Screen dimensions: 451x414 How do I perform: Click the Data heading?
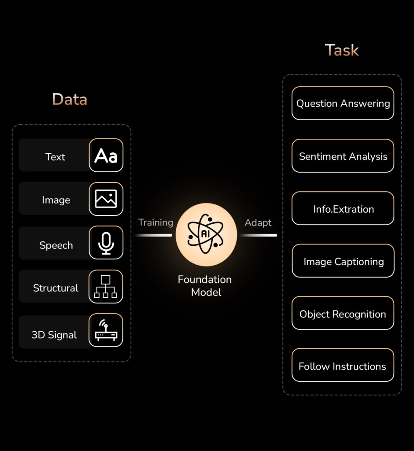tap(70, 100)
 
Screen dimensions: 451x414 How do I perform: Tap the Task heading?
tap(342, 50)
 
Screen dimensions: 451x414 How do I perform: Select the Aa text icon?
tap(106, 155)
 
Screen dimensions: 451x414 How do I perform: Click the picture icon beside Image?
tap(106, 199)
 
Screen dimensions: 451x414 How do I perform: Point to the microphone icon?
tap(106, 243)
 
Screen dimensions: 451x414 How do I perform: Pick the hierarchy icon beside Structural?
tap(106, 287)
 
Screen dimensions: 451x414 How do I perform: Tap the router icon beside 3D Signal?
tap(106, 330)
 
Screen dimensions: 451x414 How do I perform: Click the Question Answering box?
tap(343, 104)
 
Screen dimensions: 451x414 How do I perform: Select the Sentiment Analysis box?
tap(343, 156)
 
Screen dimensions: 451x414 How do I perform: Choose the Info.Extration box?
tap(343, 208)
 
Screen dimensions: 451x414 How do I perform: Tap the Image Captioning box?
tap(343, 261)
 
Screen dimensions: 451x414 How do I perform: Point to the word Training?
tap(155, 222)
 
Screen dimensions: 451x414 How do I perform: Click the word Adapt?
tap(258, 222)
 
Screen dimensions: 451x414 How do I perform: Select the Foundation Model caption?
tap(205, 286)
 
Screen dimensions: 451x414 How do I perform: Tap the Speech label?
tap(56, 245)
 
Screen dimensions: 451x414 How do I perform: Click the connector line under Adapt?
tap(259, 235)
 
